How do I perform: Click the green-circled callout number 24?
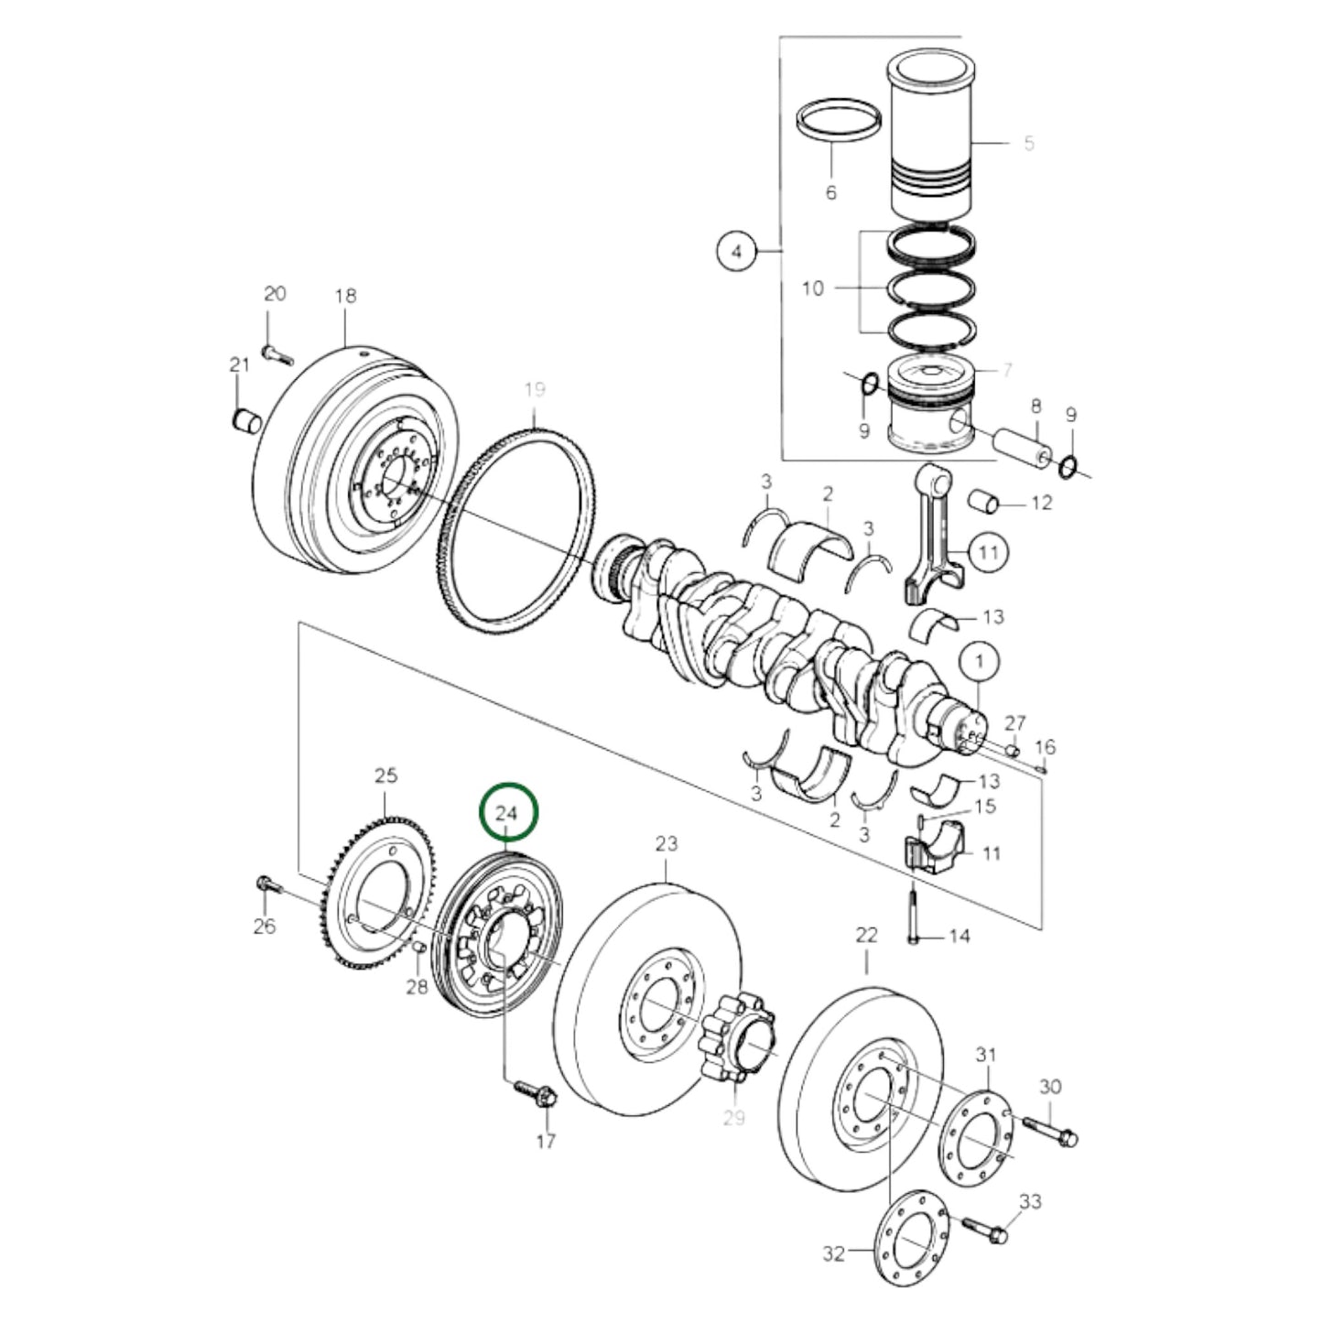pyautogui.click(x=507, y=812)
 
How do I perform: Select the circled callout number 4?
pyautogui.click(x=738, y=250)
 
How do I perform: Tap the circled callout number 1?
pyautogui.click(x=979, y=661)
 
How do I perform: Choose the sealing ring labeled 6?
pyautogui.click(x=839, y=122)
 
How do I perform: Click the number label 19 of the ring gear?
pyautogui.click(x=535, y=391)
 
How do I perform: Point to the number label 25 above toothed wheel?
pyautogui.click(x=386, y=776)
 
